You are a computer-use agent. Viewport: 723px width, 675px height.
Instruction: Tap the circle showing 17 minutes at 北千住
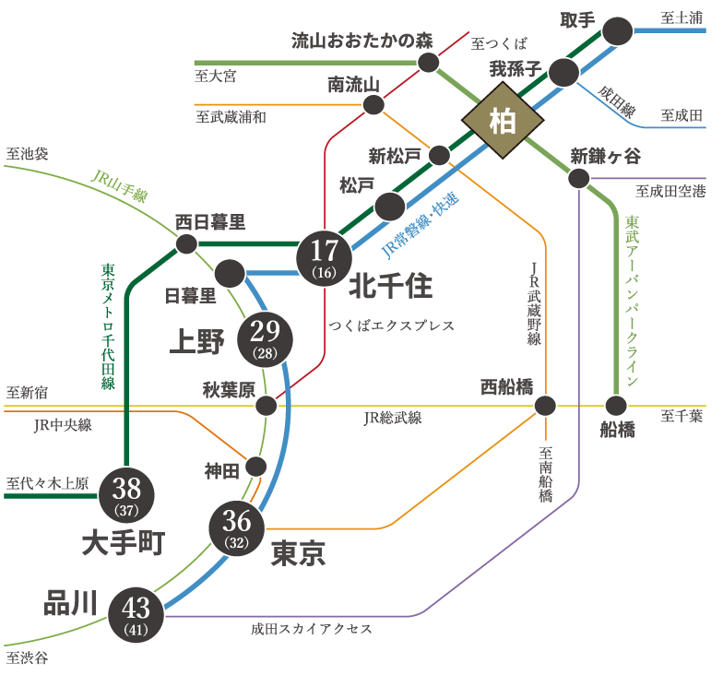[x=324, y=257]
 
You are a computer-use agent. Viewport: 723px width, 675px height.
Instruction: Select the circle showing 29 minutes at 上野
[x=265, y=338]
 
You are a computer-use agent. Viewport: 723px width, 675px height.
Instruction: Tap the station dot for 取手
[x=619, y=30]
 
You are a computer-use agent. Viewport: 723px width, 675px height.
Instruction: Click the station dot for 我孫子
[x=563, y=72]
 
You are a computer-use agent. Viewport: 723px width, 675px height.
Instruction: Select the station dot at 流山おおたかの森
[x=429, y=62]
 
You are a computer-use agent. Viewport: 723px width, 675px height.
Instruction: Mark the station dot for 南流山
[x=373, y=103]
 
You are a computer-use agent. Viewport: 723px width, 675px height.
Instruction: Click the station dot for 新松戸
[x=439, y=154]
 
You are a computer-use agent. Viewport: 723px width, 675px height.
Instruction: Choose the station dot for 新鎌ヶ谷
[x=579, y=178]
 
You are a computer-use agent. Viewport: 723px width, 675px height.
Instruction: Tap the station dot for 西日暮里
[x=186, y=243]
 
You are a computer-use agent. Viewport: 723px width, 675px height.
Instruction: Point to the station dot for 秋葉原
[x=266, y=405]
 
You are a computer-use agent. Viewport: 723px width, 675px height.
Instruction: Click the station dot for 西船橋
[x=545, y=405]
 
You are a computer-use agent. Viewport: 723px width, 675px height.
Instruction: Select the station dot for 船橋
[x=616, y=405]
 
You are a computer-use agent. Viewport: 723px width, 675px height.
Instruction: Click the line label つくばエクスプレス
[x=391, y=326]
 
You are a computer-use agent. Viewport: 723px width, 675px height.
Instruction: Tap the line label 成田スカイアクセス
[x=311, y=629]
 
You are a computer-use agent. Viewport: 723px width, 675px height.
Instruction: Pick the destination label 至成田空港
[x=670, y=192]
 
